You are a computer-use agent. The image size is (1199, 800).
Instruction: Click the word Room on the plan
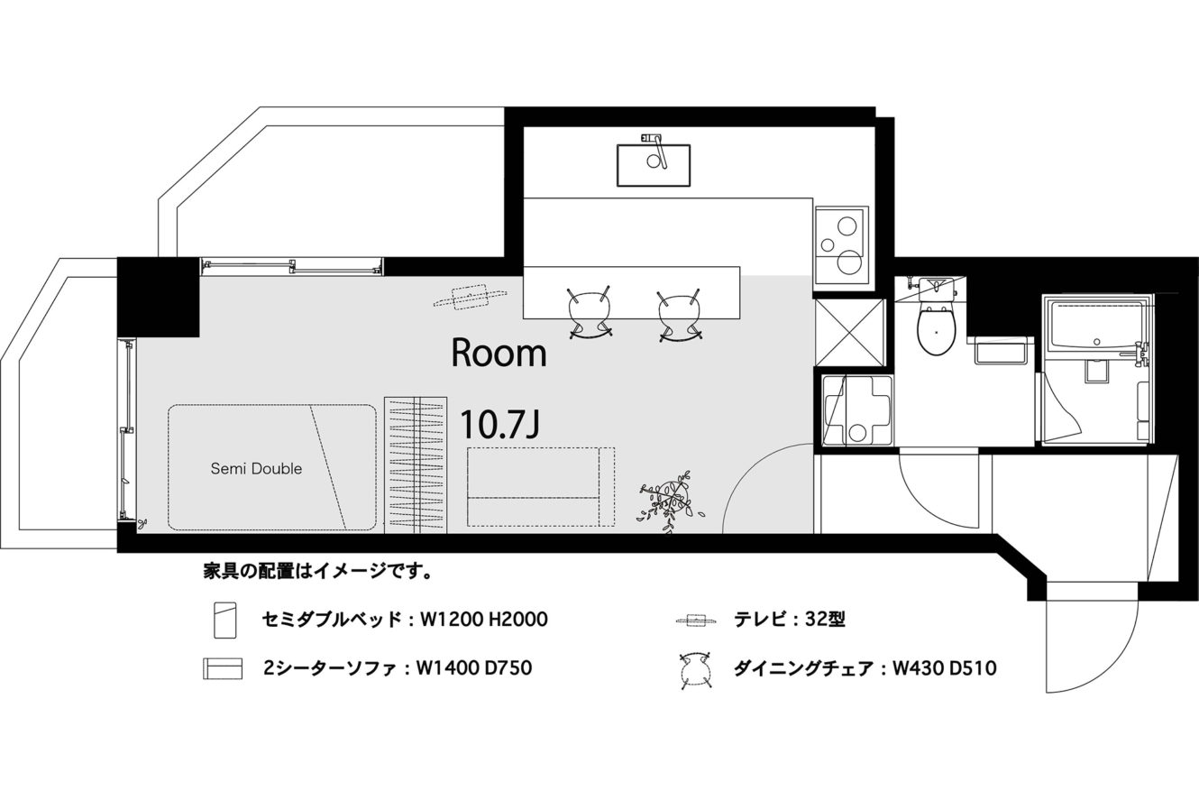[x=499, y=353]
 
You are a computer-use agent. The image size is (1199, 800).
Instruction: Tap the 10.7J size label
[x=499, y=424]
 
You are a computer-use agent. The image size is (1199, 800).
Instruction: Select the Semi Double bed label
[x=256, y=468]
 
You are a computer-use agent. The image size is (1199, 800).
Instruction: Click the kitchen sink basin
[x=654, y=165]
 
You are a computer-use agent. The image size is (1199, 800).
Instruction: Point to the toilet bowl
[x=936, y=329]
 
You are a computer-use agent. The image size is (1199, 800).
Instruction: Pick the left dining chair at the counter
[x=590, y=314]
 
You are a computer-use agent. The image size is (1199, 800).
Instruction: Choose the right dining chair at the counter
[x=680, y=315]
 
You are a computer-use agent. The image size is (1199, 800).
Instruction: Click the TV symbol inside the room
[x=470, y=298]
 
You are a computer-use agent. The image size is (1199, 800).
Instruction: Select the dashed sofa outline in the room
[x=541, y=487]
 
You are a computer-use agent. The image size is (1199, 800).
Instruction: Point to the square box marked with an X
[x=849, y=333]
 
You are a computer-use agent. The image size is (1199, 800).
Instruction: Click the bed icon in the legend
[x=225, y=621]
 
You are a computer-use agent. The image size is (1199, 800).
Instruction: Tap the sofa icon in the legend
[x=223, y=669]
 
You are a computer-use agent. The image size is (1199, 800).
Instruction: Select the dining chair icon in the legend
[x=695, y=669]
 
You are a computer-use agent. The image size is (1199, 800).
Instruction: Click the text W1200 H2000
[x=484, y=620]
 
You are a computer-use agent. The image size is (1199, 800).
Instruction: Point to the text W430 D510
[x=944, y=668]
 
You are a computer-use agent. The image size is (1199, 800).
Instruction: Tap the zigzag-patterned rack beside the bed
[x=416, y=464]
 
